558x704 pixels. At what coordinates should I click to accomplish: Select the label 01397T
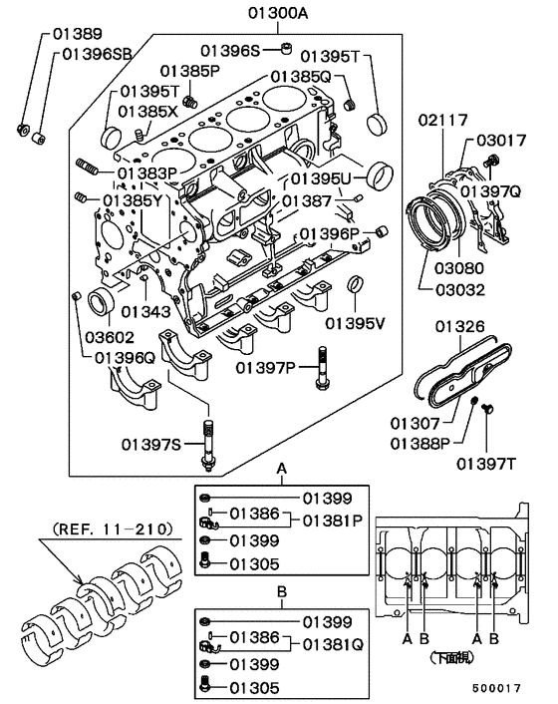(x=486, y=462)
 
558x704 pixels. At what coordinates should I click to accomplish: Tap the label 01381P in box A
(x=332, y=520)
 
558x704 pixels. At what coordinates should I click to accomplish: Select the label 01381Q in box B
(x=332, y=644)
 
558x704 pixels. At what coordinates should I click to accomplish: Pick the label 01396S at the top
(x=229, y=50)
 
